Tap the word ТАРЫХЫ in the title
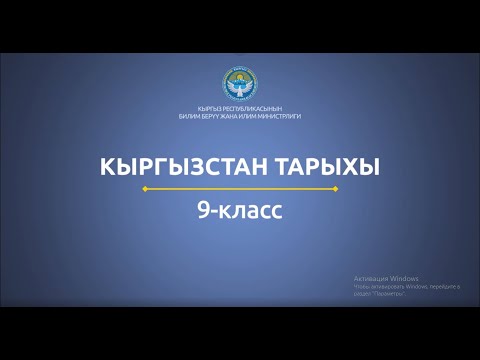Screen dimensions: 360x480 click(x=323, y=167)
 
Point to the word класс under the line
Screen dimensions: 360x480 click(x=251, y=210)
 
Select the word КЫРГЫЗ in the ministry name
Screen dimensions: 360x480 click(x=208, y=109)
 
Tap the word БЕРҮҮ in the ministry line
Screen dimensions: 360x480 click(x=214, y=117)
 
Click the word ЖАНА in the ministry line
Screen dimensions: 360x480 click(x=237, y=117)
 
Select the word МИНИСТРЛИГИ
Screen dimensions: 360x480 click(x=287, y=117)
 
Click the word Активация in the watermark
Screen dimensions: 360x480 click(x=371, y=277)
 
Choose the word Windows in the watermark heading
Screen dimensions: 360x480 click(x=405, y=277)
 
